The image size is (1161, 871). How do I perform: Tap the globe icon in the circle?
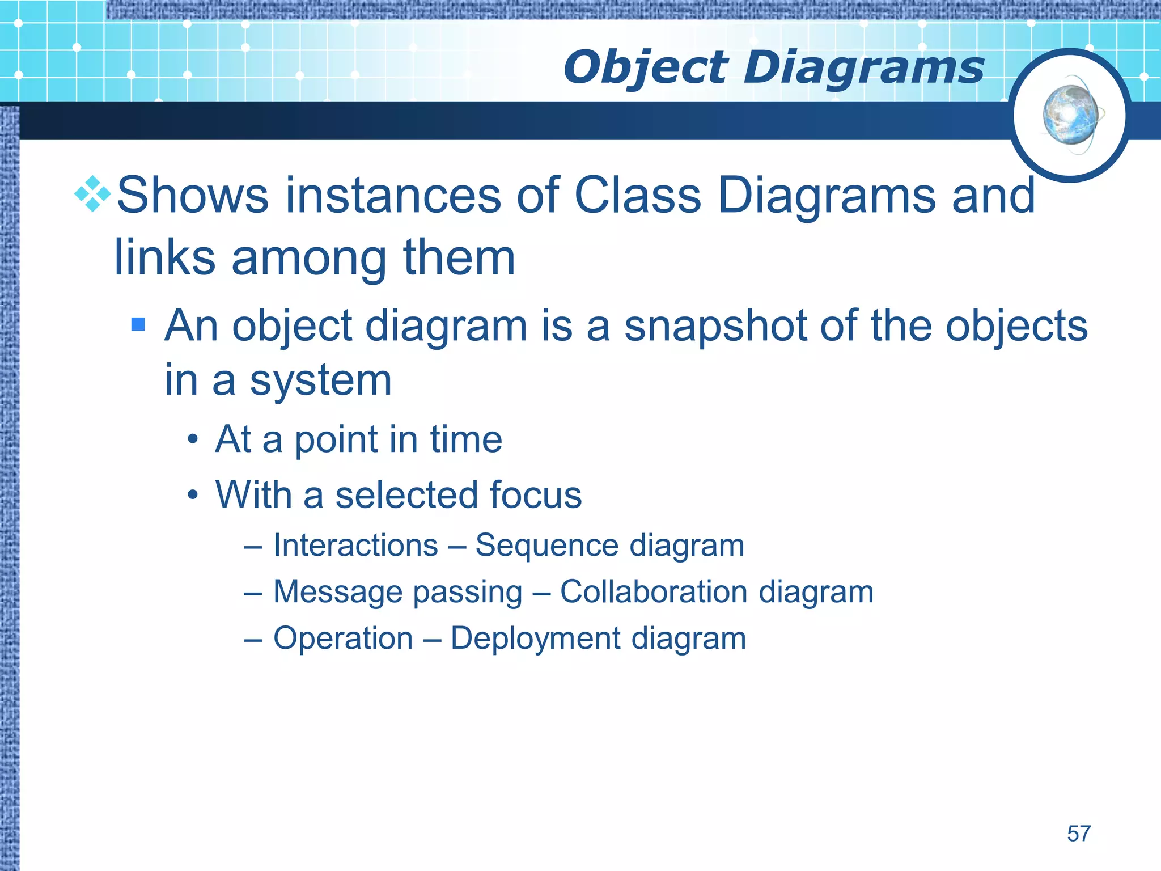pos(1070,116)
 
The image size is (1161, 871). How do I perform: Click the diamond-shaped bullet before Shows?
pos(92,194)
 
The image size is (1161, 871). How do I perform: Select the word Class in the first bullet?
pos(637,195)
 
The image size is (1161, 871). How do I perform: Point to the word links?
pos(164,257)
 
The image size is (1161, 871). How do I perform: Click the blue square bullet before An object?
pos(138,324)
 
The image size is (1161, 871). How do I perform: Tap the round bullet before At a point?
pos(193,440)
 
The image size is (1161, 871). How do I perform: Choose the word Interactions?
pos(355,546)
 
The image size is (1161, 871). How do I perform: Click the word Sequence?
pos(546,546)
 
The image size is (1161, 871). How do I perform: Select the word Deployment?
pos(535,639)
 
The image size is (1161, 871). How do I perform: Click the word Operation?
pos(343,639)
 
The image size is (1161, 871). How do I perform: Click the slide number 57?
pos(1078,834)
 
